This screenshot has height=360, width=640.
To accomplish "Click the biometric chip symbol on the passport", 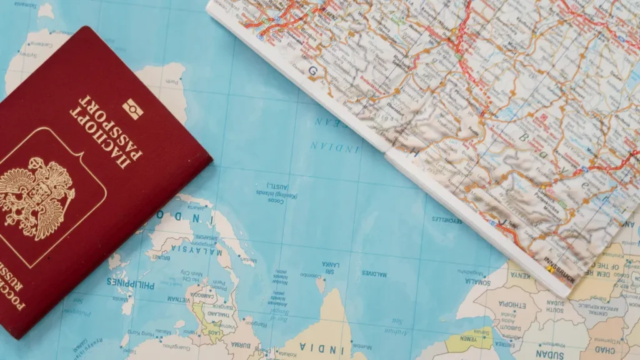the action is point(132,109).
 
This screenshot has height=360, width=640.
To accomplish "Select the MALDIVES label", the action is point(374,274).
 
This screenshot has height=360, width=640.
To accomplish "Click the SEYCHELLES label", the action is point(446,219).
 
